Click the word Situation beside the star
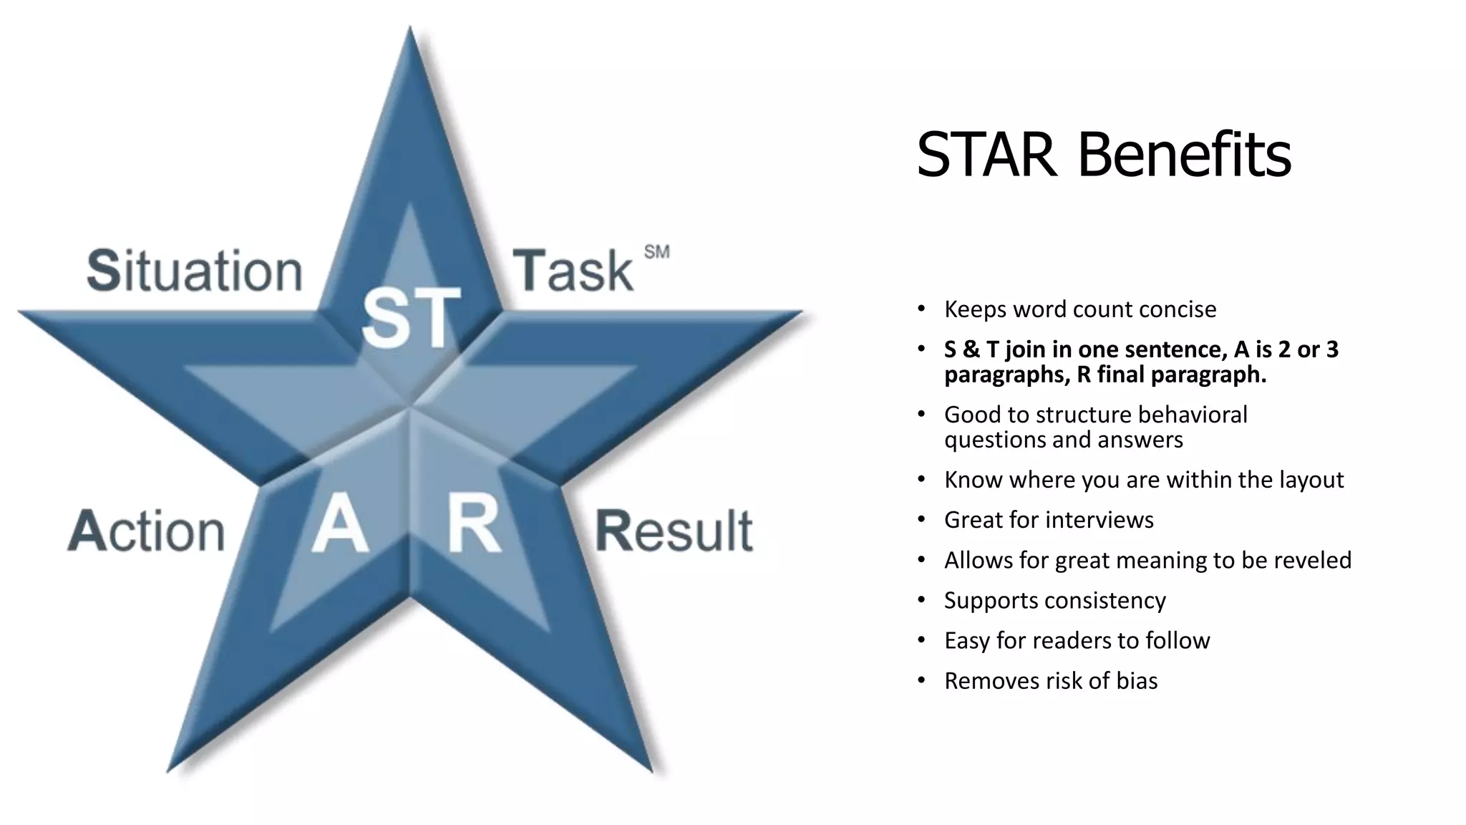point(195,271)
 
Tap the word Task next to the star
point(573,271)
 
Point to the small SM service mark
point(656,252)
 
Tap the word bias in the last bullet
point(1137,681)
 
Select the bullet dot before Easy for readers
point(922,640)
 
